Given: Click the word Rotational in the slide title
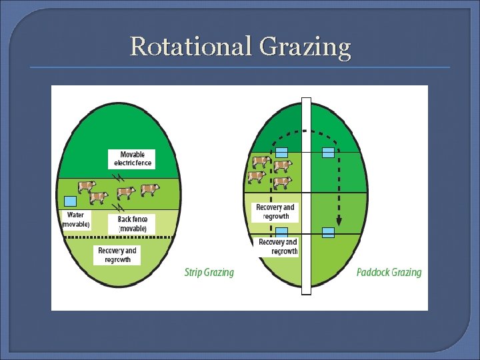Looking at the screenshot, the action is point(190,47).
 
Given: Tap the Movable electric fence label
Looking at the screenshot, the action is point(133,159).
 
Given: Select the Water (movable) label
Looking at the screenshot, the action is point(76,219).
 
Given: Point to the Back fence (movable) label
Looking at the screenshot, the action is point(132,223).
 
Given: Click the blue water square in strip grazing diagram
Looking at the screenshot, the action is point(70,201).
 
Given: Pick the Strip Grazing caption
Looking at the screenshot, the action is point(209,272).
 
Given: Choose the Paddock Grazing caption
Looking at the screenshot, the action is point(389,272).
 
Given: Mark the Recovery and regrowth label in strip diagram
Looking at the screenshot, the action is point(117,255).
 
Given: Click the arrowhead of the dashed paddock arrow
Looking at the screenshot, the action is point(339,221).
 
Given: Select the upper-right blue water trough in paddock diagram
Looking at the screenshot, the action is point(328,152).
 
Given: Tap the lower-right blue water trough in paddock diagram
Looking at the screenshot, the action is point(328,232).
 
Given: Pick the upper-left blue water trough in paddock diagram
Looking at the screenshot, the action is point(282,152).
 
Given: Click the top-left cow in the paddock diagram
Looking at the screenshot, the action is point(260,162).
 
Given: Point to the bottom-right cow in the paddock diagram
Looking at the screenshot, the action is point(282,181).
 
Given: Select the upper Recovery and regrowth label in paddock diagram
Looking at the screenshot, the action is point(275,212).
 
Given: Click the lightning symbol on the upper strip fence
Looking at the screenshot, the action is point(119,178).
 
